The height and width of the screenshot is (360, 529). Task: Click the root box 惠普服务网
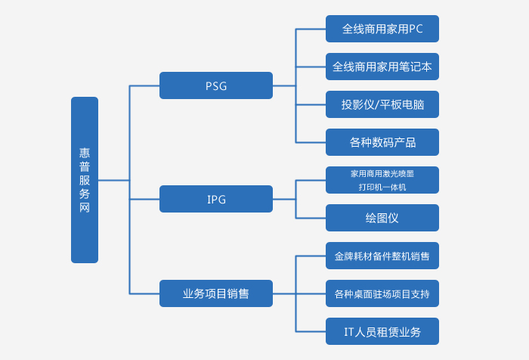[85, 180]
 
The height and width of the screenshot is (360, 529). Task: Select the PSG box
[216, 85]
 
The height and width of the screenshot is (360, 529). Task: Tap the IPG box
[216, 199]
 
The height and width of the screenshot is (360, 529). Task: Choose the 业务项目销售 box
[216, 293]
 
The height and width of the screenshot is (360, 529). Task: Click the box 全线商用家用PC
[382, 29]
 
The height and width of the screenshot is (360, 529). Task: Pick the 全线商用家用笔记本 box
[382, 67]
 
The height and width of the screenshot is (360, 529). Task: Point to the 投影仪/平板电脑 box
[382, 104]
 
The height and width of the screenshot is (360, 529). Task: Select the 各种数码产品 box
[382, 142]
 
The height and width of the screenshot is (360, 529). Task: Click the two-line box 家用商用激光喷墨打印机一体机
[382, 180]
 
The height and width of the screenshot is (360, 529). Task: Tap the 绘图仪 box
[382, 218]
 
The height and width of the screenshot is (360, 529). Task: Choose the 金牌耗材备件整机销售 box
[382, 256]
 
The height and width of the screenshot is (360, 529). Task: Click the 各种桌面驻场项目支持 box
[382, 293]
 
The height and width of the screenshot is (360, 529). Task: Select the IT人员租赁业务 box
[382, 331]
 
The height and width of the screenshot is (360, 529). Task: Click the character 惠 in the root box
[85, 153]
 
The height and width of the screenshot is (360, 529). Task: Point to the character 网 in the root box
[85, 207]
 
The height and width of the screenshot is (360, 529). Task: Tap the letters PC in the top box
[416, 29]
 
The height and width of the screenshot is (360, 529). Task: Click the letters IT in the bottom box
[349, 331]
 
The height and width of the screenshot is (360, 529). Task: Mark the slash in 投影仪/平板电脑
[376, 104]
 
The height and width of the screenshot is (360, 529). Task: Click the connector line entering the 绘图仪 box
[311, 218]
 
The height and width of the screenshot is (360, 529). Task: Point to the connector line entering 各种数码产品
[311, 142]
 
